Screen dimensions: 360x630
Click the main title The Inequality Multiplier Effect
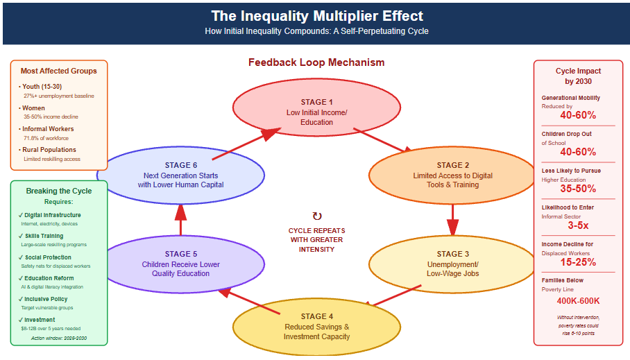click(x=316, y=16)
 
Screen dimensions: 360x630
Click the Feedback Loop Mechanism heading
click(x=316, y=62)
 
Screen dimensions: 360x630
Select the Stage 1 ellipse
click(x=316, y=112)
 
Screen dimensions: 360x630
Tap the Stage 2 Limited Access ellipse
click(x=452, y=175)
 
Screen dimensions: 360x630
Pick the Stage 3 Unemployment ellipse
click(x=452, y=264)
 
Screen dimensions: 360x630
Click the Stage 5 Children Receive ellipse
click(x=180, y=264)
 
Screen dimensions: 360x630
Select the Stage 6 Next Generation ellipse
click(x=180, y=175)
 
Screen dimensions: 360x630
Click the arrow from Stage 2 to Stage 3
click(x=452, y=221)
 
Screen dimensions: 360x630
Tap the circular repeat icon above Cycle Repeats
click(x=317, y=216)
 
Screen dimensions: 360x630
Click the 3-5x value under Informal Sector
click(x=578, y=225)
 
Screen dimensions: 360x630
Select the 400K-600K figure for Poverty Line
click(x=578, y=300)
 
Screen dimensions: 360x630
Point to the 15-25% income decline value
click(x=578, y=262)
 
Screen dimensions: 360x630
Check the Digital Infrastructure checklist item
click(x=51, y=215)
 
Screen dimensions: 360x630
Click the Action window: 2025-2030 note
click(x=59, y=338)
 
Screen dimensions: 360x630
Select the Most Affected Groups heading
click(x=59, y=71)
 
